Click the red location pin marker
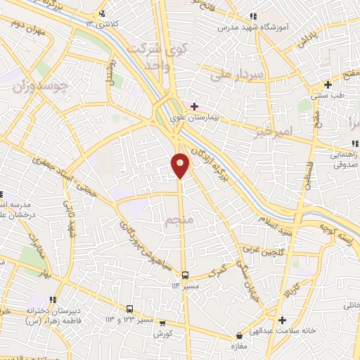[x=181, y=165]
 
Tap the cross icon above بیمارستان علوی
[x=194, y=106]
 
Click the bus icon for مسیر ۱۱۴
[x=185, y=275]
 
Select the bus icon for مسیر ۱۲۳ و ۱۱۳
[x=129, y=309]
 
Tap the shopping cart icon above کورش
[x=163, y=323]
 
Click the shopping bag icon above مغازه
[x=240, y=336]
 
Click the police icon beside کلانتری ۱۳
[x=103, y=13]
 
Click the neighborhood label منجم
[x=176, y=223]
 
